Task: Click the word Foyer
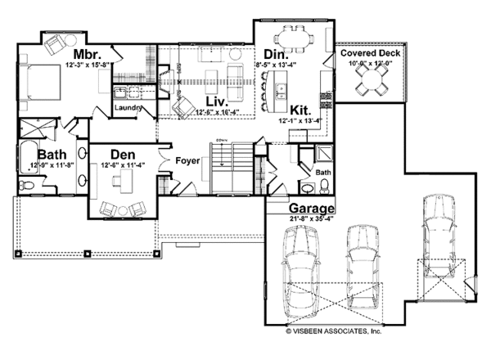click(x=187, y=160)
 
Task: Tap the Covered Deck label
click(x=369, y=52)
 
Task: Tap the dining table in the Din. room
click(x=292, y=37)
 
